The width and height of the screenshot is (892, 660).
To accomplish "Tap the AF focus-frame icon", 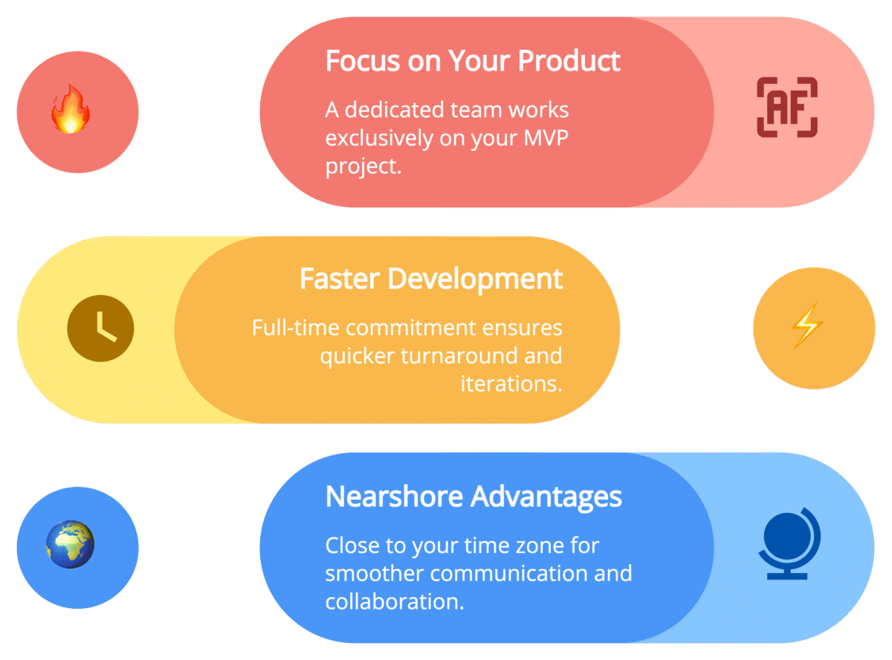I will click(x=787, y=107).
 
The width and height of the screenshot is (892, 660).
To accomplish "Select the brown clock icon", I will click(x=100, y=328).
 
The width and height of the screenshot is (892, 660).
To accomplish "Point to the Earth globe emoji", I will click(x=71, y=545).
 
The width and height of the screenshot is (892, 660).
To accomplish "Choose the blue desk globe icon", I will click(x=789, y=543).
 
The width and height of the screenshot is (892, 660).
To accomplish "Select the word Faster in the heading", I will click(x=340, y=279).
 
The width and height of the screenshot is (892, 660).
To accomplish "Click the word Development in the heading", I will click(x=476, y=279).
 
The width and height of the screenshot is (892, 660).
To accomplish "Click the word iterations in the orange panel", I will click(x=511, y=384).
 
